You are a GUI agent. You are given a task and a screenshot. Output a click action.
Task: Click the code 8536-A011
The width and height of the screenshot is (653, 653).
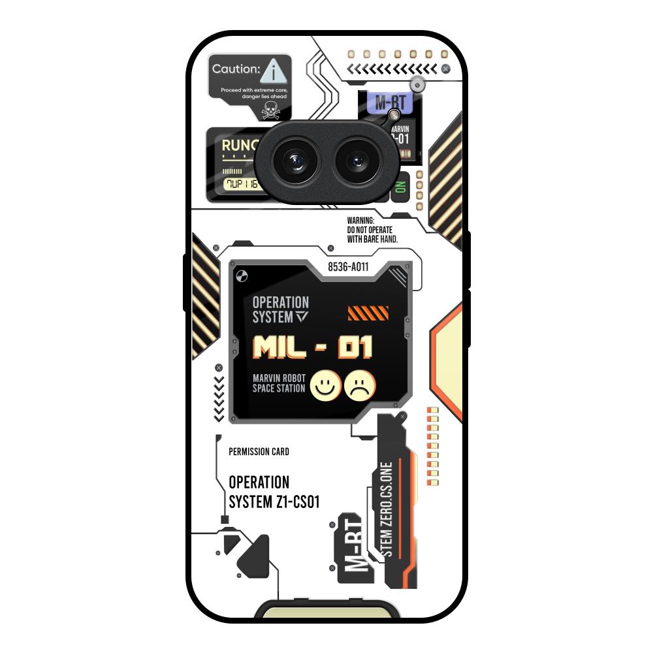point(348,266)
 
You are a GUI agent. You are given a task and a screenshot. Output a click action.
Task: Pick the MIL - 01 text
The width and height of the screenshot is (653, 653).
point(312,348)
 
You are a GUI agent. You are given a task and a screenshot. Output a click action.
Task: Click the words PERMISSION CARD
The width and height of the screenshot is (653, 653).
point(259,452)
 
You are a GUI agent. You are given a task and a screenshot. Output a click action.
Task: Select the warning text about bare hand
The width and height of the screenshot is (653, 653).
point(372,231)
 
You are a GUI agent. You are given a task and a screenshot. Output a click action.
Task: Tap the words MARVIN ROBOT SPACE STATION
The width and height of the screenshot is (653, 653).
point(279,384)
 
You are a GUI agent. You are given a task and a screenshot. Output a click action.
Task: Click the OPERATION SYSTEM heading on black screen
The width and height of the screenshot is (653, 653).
point(281,310)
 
